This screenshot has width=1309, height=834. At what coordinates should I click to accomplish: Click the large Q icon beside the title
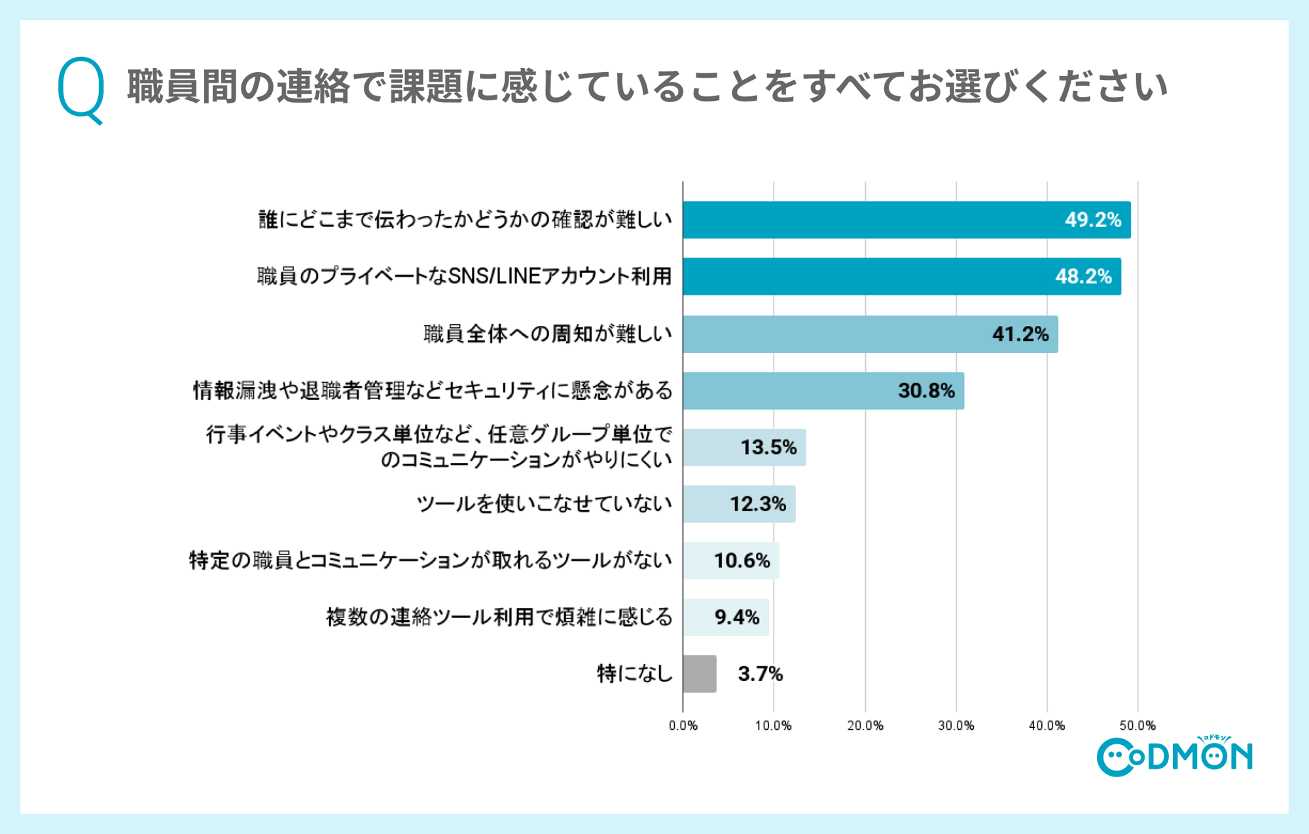(81, 89)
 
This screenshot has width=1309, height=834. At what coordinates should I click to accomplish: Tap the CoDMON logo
(1174, 757)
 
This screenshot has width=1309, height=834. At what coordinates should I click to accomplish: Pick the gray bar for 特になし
(699, 674)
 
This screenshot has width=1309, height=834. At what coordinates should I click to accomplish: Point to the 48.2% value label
(1083, 277)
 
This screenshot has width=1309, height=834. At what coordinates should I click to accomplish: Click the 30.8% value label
(926, 391)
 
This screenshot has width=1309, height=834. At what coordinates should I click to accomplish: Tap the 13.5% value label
(768, 448)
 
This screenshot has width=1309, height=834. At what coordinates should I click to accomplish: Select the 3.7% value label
(760, 674)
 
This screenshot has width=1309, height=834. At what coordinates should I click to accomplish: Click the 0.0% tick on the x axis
(683, 725)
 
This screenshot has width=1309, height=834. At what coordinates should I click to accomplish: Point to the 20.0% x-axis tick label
(865, 725)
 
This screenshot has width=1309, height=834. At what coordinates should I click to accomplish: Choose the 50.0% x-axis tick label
(1137, 725)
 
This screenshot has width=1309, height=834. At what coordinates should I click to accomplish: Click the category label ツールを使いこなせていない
(545, 504)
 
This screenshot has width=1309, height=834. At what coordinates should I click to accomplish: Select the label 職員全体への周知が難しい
(548, 334)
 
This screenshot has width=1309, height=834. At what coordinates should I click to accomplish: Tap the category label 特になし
(634, 674)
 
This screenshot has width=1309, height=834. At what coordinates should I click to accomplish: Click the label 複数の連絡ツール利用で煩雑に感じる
(499, 617)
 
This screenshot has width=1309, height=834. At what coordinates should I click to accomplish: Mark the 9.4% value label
(737, 617)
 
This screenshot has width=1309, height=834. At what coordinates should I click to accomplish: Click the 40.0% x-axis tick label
(1047, 725)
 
